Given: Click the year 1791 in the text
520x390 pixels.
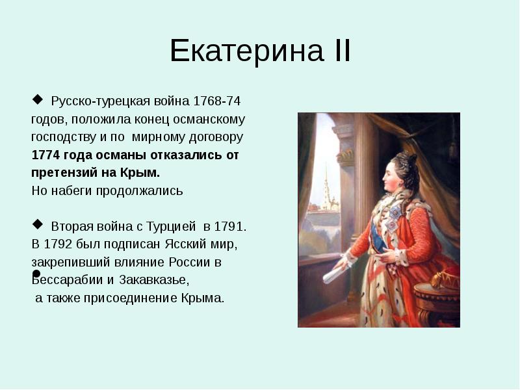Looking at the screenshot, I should [x=230, y=227].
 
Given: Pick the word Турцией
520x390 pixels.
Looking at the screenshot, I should [x=174, y=227].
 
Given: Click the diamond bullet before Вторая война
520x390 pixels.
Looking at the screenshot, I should [x=36, y=225].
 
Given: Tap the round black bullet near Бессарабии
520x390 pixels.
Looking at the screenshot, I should [x=36, y=274].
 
